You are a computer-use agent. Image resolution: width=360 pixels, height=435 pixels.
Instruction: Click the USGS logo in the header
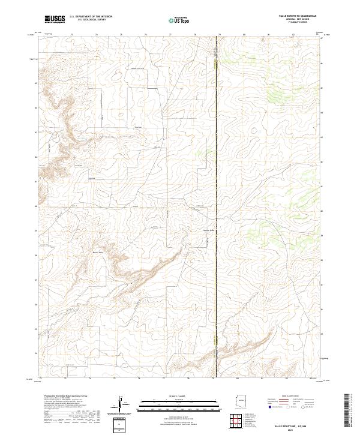(x=55, y=19)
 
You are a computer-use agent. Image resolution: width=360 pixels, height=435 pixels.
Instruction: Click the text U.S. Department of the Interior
(x=91, y=17)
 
